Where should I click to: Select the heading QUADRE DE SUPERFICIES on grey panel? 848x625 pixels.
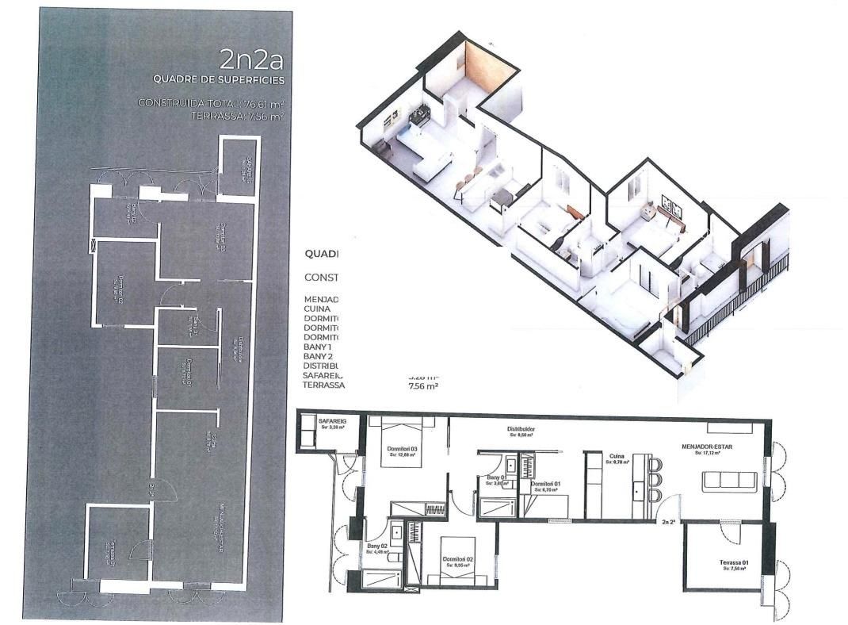218,79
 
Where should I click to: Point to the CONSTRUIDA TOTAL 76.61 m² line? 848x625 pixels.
211,102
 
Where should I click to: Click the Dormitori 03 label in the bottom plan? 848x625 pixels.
402,449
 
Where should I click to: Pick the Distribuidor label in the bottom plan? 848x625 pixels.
522,431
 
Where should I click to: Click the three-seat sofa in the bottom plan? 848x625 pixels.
729,480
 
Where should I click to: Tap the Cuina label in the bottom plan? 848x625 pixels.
617,456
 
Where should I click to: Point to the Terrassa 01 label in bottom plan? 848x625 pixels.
734,563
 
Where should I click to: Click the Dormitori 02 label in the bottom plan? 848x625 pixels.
458,559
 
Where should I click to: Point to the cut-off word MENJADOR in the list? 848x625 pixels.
321,300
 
